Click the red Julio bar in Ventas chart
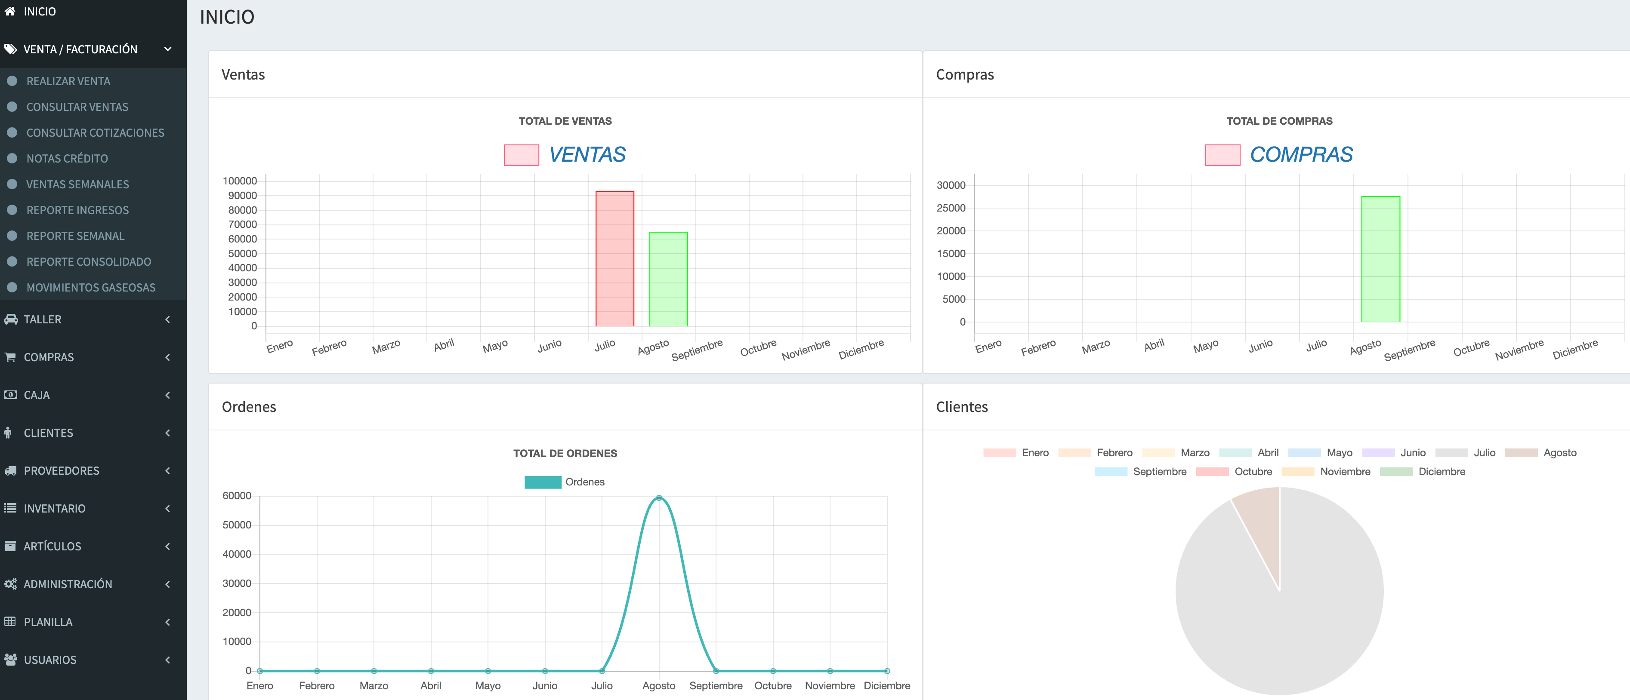(x=614, y=258)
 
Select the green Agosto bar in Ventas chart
(x=668, y=279)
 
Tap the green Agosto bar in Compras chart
(x=1381, y=259)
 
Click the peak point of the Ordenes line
(x=659, y=497)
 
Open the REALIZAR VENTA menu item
(x=68, y=81)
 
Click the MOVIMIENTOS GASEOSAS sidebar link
(x=90, y=288)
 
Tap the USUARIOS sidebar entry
(x=50, y=660)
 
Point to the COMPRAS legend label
(x=1301, y=154)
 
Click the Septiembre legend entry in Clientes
(x=1140, y=472)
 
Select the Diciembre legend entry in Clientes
(x=1423, y=472)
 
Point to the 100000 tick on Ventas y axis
(x=240, y=181)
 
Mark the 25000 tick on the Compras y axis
(x=951, y=208)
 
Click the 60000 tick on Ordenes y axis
(x=237, y=496)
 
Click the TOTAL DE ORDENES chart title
(x=565, y=453)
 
